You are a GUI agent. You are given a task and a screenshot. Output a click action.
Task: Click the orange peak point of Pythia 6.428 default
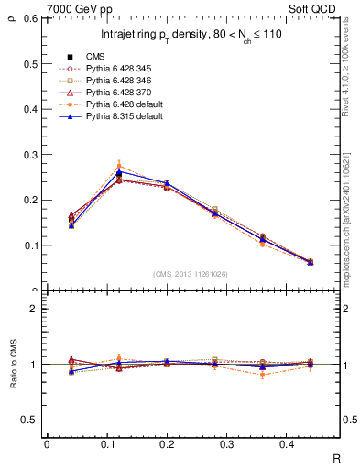coord(119,166)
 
